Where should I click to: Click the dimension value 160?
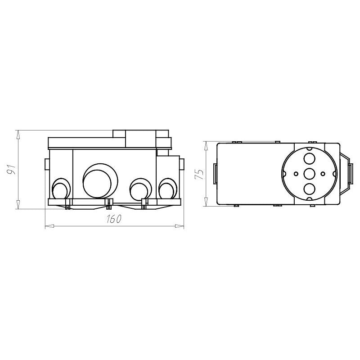tap(114, 219)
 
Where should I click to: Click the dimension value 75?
tap(199, 174)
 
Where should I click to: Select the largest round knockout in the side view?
tap(100, 181)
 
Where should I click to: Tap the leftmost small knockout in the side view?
tap(60, 189)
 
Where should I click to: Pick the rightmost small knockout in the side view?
tap(168, 189)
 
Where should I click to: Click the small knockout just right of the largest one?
tap(141, 189)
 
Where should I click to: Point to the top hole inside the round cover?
tap(309, 158)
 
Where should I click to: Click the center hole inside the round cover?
tap(309, 174)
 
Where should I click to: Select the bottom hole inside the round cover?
tap(309, 189)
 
